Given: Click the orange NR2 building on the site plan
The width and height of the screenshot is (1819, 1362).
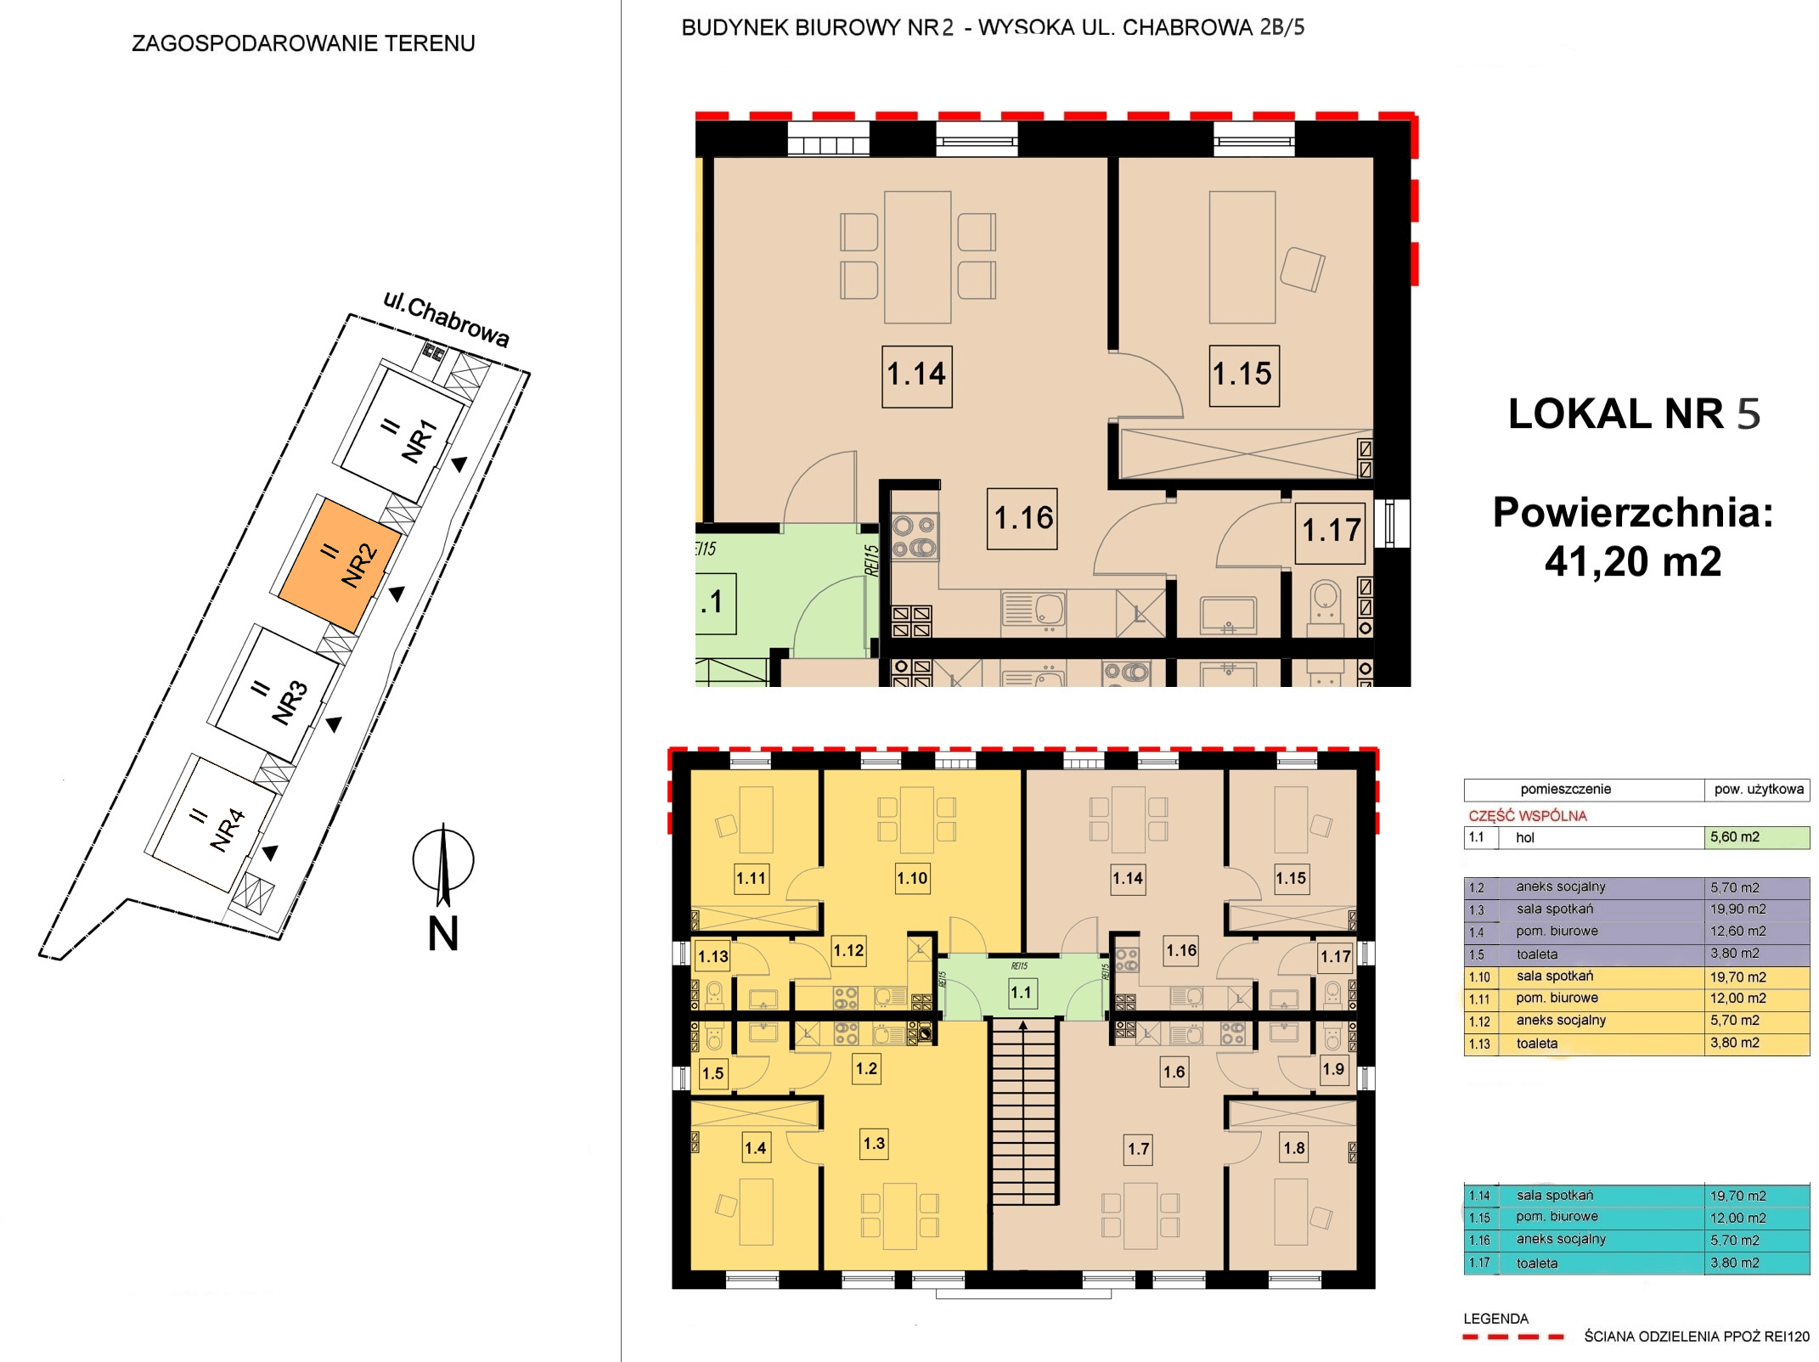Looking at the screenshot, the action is point(340,565).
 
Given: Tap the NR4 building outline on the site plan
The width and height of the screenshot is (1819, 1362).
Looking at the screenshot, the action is point(211,825).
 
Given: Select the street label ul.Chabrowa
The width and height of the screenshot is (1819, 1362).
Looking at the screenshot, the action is point(446,319).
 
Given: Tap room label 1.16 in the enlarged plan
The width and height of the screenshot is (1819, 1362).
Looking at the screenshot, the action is point(1022,519).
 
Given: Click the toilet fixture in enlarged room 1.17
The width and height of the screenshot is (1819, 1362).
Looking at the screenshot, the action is point(1326,608).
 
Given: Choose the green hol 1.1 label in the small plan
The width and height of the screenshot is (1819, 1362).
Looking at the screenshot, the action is point(1022,992).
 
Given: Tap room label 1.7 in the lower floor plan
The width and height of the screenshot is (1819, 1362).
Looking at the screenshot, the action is point(1139,1150).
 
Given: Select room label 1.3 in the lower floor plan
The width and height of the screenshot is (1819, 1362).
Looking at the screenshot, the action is point(874,1144).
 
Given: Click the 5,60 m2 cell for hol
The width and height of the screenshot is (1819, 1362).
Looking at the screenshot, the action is point(1756,837).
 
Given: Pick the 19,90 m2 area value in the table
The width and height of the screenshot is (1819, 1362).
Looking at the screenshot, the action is point(1737,909).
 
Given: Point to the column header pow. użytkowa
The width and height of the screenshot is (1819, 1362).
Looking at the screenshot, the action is point(1759,790).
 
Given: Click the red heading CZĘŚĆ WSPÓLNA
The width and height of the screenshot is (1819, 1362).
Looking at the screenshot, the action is point(1528,816).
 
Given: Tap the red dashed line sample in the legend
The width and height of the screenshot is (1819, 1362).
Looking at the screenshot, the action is point(1513,1337).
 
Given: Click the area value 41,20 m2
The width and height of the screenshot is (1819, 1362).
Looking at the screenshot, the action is point(1633,561).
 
